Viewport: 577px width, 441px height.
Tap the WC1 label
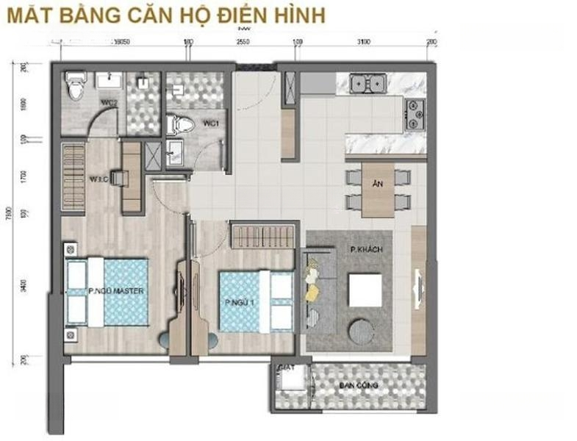point(208,123)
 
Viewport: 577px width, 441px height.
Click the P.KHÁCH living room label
point(366,250)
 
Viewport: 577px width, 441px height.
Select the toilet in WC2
point(72,87)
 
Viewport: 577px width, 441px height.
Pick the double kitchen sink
point(368,84)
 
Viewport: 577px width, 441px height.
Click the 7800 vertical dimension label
point(9,213)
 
